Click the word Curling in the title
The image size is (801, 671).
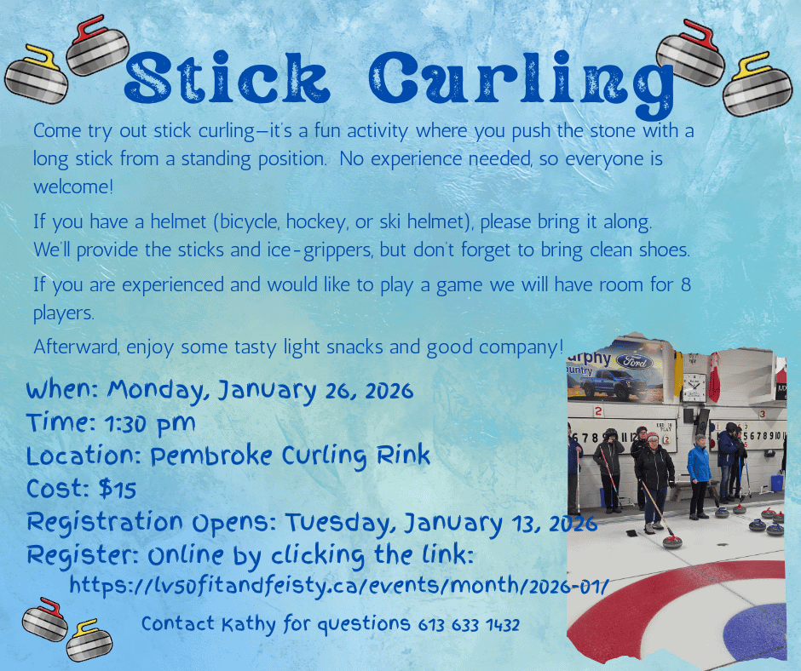point(521,83)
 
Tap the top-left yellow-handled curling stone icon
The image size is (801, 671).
point(37,75)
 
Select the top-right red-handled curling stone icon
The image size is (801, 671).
point(689,52)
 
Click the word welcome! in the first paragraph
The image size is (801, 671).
point(73,186)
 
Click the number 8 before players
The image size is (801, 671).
point(686,284)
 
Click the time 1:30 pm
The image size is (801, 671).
point(150,424)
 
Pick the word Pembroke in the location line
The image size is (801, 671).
point(211,456)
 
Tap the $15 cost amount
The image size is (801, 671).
point(118,490)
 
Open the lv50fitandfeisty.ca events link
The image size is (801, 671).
point(339,586)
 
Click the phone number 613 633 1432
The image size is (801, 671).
point(469,624)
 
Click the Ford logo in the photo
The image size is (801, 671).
point(634,361)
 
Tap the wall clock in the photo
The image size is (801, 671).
point(694,387)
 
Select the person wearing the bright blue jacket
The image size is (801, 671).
point(699,476)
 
